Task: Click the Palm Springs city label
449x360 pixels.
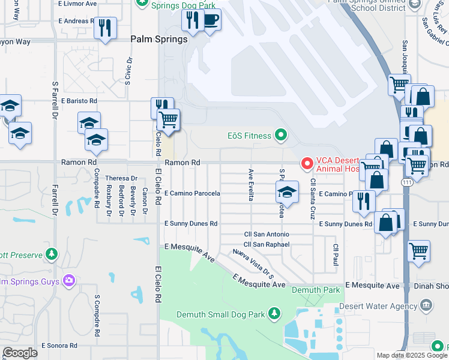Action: pyautogui.click(x=159, y=38)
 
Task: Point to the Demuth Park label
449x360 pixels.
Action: pyautogui.click(x=315, y=290)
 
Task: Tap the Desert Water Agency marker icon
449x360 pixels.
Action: pyautogui.click(x=426, y=305)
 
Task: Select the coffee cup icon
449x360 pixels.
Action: pyautogui.click(x=211, y=20)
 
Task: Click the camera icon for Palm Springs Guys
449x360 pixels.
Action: pyautogui.click(x=69, y=280)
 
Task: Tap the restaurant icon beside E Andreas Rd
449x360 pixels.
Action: pyautogui.click(x=106, y=28)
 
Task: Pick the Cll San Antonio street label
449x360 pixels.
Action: pyautogui.click(x=266, y=234)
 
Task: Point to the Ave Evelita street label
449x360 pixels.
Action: pyautogui.click(x=251, y=184)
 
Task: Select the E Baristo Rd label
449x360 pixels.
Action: pyautogui.click(x=74, y=101)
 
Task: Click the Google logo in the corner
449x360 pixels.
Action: pyautogui.click(x=20, y=353)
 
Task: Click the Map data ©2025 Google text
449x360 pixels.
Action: pyautogui.click(x=411, y=355)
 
